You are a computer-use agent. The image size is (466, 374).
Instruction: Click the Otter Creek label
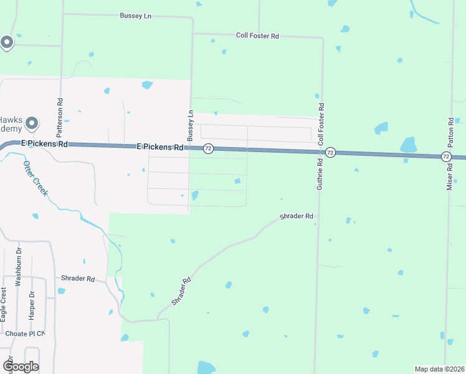[36, 176]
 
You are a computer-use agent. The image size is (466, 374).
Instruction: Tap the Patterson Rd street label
[60, 117]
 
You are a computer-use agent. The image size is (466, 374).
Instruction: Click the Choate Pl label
[21, 333]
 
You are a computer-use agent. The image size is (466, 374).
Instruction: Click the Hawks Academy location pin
[32, 124]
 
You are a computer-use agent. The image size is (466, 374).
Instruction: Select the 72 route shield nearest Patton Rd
[446, 156]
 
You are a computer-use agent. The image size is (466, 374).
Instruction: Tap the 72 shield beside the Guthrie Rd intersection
[331, 153]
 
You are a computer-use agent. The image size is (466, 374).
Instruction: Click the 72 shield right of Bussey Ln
[208, 148]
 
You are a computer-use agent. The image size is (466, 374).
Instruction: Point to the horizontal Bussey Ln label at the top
[136, 15]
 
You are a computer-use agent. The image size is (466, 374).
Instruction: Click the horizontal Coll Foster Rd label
[257, 36]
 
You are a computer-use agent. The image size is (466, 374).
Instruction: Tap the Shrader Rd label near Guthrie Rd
[297, 216]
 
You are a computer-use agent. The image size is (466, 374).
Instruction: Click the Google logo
[20, 367]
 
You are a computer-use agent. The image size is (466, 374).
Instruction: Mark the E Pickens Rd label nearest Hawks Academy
[44, 143]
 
